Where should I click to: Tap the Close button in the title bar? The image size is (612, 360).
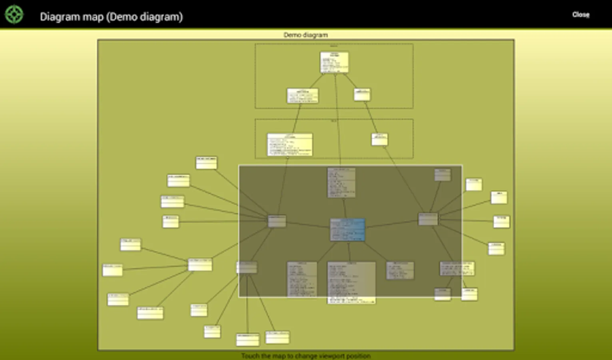pyautogui.click(x=580, y=15)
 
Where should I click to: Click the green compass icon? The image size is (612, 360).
pyautogui.click(x=14, y=15)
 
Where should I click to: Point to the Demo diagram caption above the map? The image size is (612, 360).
pyautogui.click(x=305, y=35)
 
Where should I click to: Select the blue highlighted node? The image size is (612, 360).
pyautogui.click(x=347, y=230)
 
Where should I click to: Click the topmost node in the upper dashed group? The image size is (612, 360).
pyautogui.click(x=334, y=62)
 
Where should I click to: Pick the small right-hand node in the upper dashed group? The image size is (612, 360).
pyautogui.click(x=362, y=95)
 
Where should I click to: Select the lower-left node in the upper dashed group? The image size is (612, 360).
pyautogui.click(x=303, y=96)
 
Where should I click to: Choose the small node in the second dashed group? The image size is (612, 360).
pyautogui.click(x=379, y=140)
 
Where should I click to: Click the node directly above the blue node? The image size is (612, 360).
pyautogui.click(x=341, y=183)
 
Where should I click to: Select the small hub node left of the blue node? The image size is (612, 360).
pyautogui.click(x=277, y=221)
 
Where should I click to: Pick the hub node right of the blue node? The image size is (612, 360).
pyautogui.click(x=428, y=219)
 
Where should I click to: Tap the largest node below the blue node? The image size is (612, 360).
pyautogui.click(x=351, y=282)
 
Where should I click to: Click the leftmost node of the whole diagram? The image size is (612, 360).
pyautogui.click(x=112, y=270)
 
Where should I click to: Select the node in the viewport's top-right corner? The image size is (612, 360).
pyautogui.click(x=443, y=175)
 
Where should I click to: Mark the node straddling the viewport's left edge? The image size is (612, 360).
pyautogui.click(x=247, y=268)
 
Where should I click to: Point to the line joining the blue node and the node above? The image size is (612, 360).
pyautogui.click(x=344, y=208)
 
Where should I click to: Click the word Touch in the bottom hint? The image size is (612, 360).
pyautogui.click(x=250, y=356)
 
